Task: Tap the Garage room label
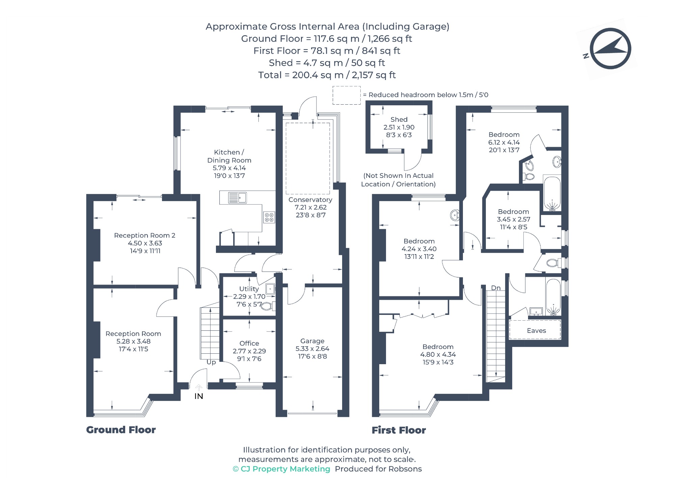click(312, 341)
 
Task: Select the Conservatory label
click(310, 199)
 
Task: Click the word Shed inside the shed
click(399, 119)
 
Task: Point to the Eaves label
click(536, 330)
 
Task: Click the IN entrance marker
click(199, 396)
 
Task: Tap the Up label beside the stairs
click(211, 362)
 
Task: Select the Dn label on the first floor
click(496, 288)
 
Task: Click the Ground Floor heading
click(121, 430)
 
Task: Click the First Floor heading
click(399, 430)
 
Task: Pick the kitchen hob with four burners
click(269, 217)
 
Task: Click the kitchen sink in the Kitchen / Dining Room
click(238, 197)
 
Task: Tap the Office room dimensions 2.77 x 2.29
click(249, 351)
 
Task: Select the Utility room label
click(249, 289)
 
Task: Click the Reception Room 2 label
click(145, 235)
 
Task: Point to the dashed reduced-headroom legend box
click(347, 95)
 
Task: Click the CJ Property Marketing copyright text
click(281, 469)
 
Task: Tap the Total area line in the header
click(327, 75)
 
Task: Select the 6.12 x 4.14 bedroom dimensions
click(504, 142)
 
